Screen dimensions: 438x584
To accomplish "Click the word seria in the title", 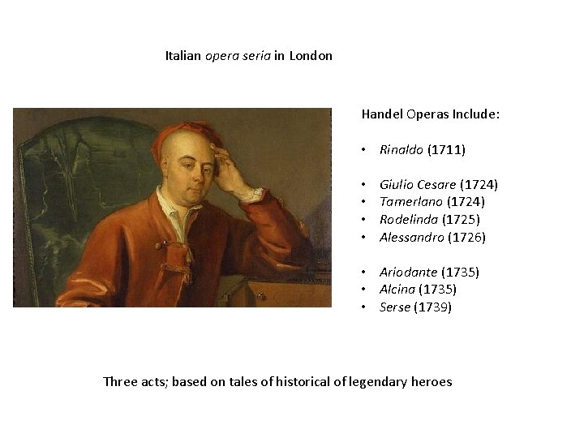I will (x=255, y=56).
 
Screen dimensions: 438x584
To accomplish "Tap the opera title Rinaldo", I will (x=401, y=150).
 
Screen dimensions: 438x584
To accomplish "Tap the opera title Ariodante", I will (x=408, y=273).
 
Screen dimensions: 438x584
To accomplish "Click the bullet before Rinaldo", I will (x=366, y=150).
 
